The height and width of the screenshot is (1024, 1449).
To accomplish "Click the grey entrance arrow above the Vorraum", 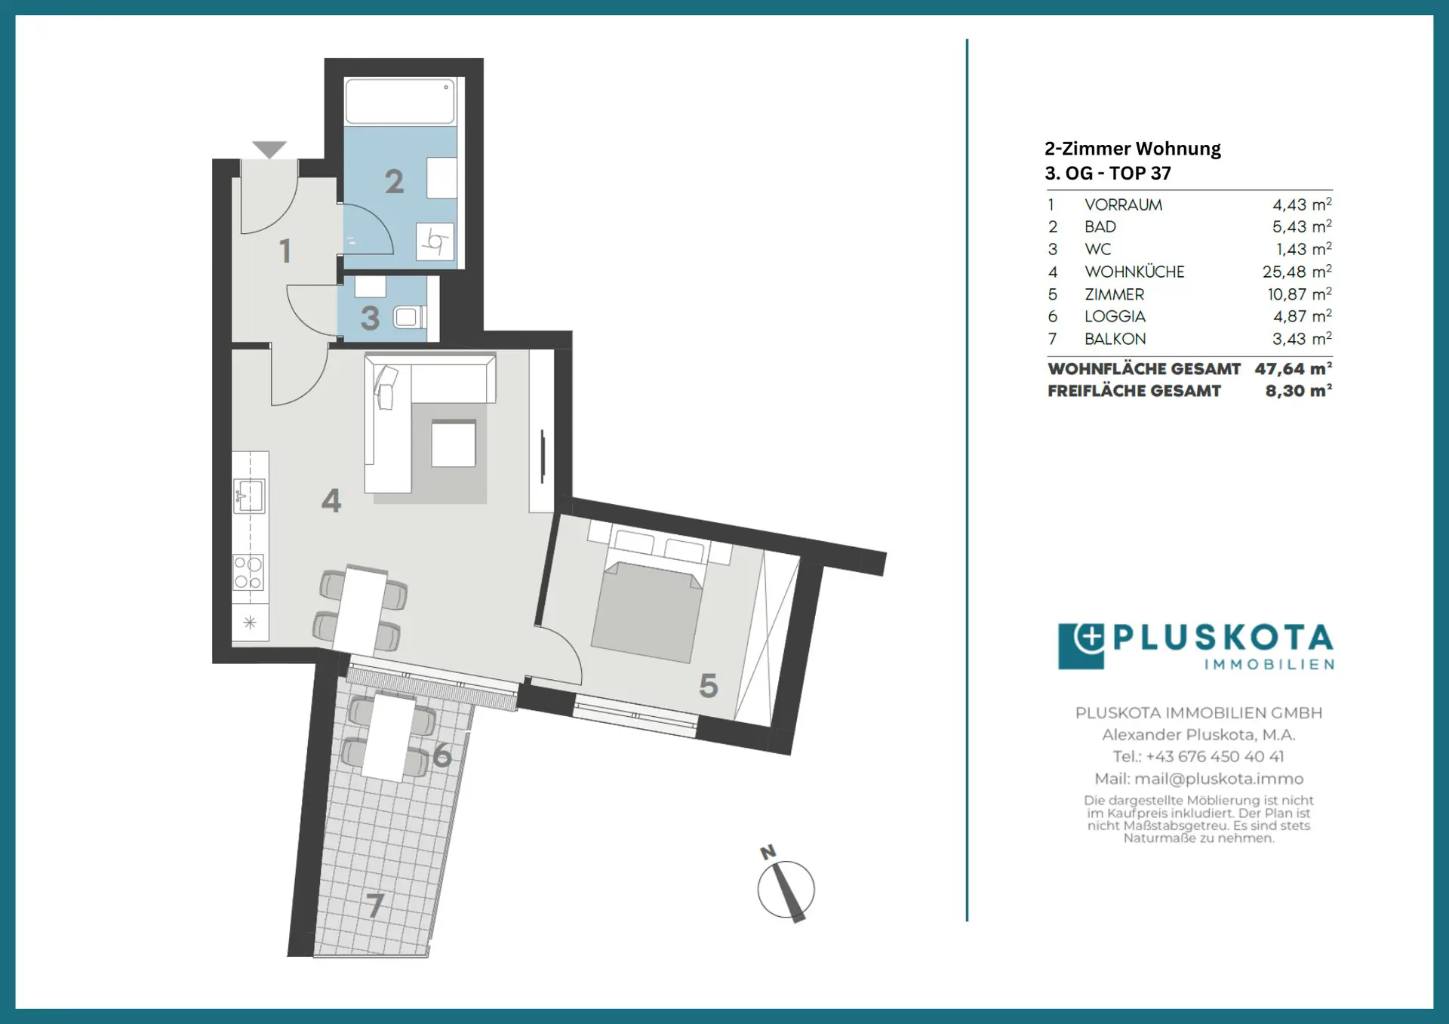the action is click(x=269, y=149).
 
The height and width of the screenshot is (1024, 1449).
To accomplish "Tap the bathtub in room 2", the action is click(x=400, y=101).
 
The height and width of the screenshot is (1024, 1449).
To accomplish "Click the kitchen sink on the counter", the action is click(x=249, y=496).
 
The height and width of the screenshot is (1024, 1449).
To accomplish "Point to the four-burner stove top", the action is click(x=248, y=572).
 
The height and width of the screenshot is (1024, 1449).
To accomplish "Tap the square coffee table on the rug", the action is click(x=454, y=444).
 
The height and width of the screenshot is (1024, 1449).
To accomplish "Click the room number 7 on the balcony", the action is click(x=376, y=905).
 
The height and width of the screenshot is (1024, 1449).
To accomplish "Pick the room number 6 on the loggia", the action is click(x=442, y=755).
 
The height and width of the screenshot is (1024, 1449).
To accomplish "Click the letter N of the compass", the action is click(x=768, y=852).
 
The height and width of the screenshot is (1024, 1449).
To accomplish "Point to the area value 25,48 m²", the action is click(x=1297, y=272).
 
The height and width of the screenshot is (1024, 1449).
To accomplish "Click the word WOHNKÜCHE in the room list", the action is click(x=1134, y=272).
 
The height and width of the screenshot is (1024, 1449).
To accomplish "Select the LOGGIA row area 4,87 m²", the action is click(x=1303, y=316).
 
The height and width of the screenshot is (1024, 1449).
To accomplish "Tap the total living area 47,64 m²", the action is click(x=1294, y=369).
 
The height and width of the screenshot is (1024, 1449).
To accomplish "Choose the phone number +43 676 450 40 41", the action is click(x=1215, y=756).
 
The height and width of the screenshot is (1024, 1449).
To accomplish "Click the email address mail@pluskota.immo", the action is click(x=1219, y=779).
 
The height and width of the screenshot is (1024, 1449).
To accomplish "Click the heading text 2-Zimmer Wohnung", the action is click(x=1133, y=149).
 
